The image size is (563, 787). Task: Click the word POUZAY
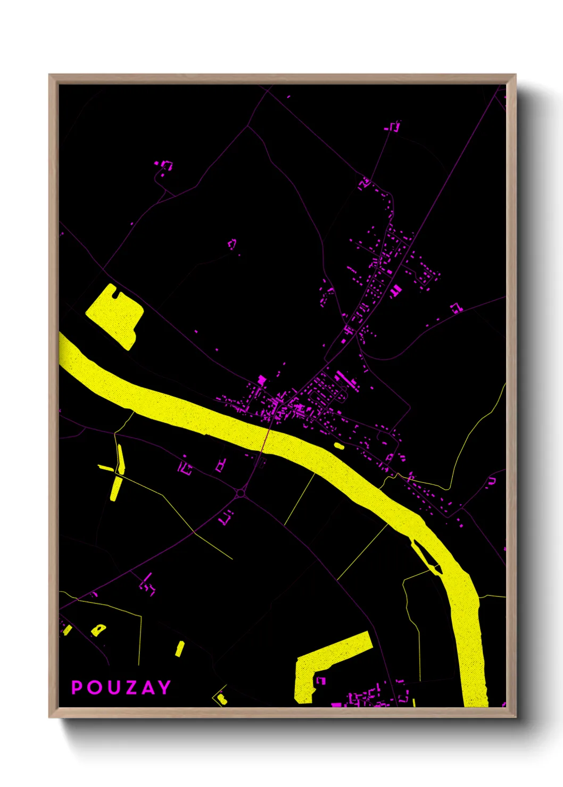coord(121,687)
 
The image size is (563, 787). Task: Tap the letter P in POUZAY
coord(77,687)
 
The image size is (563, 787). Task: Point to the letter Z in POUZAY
coord(128,687)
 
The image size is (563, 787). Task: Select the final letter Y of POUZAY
coord(164,687)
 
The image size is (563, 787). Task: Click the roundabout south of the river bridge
coord(241,493)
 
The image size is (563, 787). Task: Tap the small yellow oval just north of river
coord(338,446)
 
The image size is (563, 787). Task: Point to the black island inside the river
coord(426,557)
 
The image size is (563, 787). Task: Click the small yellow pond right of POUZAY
coord(180,649)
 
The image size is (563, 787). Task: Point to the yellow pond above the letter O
coord(98,630)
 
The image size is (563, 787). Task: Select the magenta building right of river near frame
coord(492,481)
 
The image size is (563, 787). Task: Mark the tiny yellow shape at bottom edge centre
coord(221,698)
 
